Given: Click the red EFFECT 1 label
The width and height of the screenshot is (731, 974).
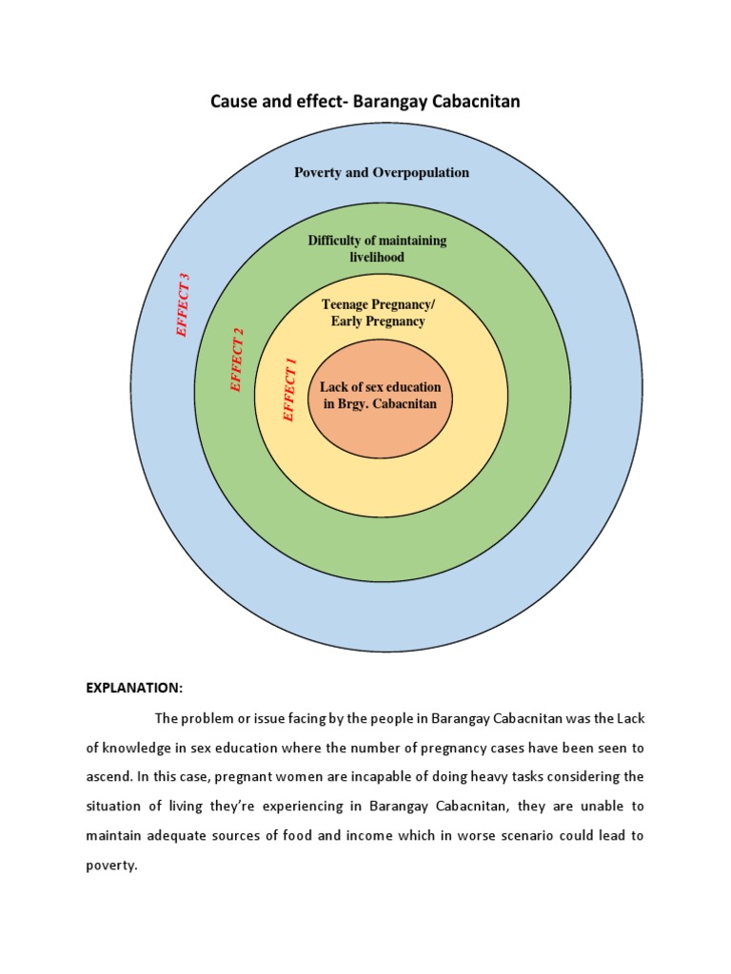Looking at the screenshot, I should pyautogui.click(x=290, y=390).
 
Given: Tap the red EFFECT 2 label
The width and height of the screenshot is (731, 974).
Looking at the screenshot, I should pyautogui.click(x=237, y=360).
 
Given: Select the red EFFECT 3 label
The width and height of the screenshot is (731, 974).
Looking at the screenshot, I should pyautogui.click(x=183, y=305).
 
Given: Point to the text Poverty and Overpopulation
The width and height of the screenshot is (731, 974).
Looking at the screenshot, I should pyautogui.click(x=381, y=172).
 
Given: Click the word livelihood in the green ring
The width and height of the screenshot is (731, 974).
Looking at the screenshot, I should pyautogui.click(x=377, y=258).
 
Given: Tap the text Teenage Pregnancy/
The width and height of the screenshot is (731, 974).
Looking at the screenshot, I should pyautogui.click(x=378, y=304).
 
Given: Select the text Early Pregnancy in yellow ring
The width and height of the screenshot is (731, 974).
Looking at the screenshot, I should pyautogui.click(x=378, y=321).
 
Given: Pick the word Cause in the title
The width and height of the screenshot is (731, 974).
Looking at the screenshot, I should pyautogui.click(x=234, y=101).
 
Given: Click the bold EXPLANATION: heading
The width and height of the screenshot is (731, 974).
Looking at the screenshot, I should pyautogui.click(x=134, y=688).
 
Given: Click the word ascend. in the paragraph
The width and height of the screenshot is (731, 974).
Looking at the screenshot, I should pyautogui.click(x=109, y=777).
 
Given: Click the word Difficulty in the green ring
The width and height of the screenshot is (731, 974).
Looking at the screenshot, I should pyautogui.click(x=338, y=241).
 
